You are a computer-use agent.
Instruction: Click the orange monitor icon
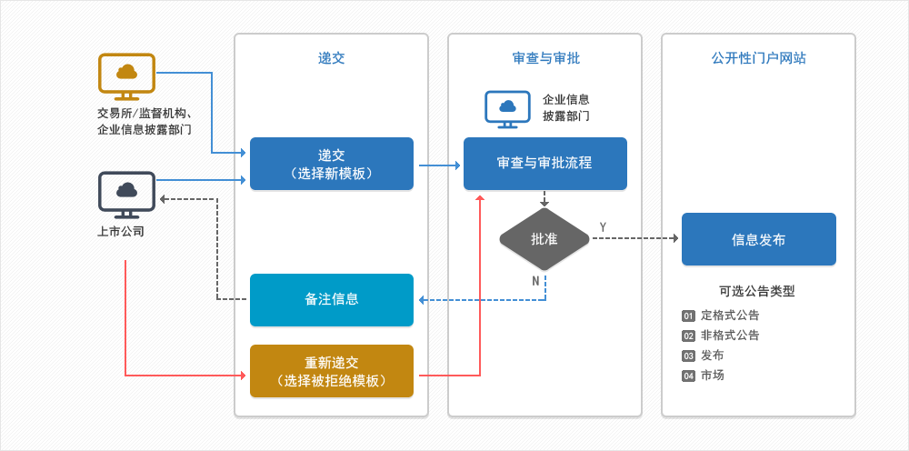(126, 76)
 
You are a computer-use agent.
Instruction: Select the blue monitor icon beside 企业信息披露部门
(507, 109)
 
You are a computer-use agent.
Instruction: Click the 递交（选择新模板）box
(332, 164)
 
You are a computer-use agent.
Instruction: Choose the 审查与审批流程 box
(544, 164)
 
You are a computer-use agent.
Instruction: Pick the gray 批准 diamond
(544, 239)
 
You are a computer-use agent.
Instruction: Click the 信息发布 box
(758, 239)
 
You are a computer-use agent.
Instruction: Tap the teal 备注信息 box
(332, 300)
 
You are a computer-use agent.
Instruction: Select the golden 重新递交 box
(332, 371)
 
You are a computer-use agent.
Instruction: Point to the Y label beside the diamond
(603, 226)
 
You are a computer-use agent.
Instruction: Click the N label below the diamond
(535, 281)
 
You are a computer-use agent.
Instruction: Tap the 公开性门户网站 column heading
(758, 58)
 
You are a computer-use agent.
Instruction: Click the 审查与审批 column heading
(545, 58)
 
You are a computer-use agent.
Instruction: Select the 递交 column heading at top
(332, 58)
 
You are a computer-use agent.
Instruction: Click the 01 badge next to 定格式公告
(688, 316)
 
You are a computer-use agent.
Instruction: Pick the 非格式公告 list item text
(730, 336)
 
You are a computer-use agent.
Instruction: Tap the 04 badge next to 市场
(688, 376)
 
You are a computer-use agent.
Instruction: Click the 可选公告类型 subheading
(757, 292)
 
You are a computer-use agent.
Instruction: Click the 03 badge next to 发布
(688, 356)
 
